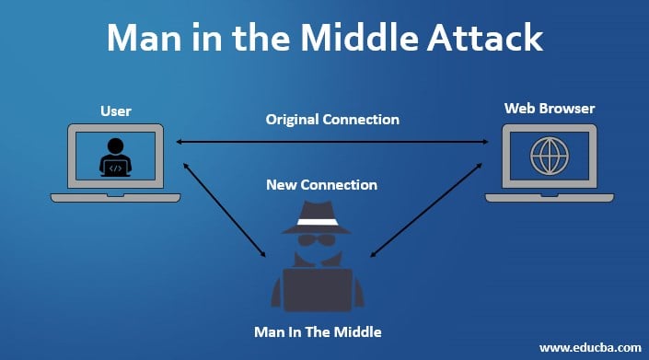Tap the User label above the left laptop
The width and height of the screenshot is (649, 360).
tap(115, 111)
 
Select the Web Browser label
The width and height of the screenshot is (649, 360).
tap(549, 109)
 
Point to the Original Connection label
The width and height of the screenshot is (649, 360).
tap(332, 120)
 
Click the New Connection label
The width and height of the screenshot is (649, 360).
tap(321, 184)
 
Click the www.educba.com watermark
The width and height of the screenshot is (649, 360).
tap(589, 347)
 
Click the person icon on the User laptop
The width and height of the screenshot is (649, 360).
tap(115, 155)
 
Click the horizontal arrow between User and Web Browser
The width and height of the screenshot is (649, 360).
tap(332, 142)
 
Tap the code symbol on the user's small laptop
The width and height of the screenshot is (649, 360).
tap(115, 168)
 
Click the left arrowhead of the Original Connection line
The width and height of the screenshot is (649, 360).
tap(180, 142)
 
